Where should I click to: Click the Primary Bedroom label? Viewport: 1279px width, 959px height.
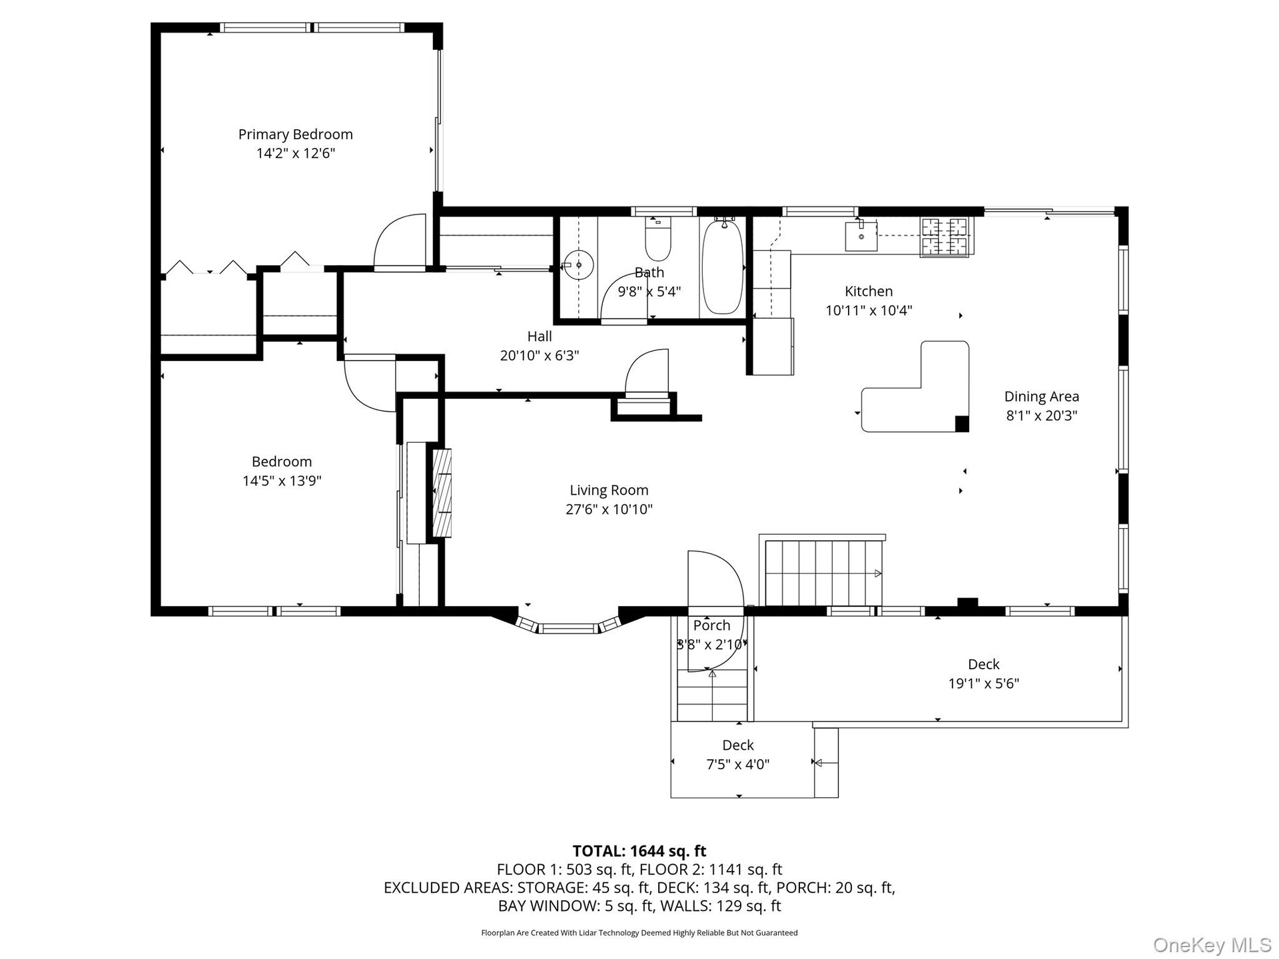tap(296, 135)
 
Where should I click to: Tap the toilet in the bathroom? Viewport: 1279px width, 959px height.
tap(657, 239)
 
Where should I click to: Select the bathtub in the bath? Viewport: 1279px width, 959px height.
tap(723, 266)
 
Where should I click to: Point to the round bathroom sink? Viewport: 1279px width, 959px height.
tap(579, 265)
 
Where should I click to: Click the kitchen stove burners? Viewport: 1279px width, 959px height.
tap(947, 237)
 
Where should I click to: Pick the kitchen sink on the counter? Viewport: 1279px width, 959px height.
tap(861, 236)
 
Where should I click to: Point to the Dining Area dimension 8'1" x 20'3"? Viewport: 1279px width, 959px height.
tap(1041, 416)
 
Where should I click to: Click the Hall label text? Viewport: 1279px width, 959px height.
tap(540, 336)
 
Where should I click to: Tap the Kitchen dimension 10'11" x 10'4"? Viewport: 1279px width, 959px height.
tap(869, 310)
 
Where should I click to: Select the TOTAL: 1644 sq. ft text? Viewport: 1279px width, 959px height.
tap(639, 851)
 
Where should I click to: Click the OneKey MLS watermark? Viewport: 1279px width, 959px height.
tap(1212, 944)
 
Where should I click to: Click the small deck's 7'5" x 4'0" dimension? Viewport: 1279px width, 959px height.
tap(738, 765)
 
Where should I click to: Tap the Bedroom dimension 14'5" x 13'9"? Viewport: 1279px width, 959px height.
tap(282, 481)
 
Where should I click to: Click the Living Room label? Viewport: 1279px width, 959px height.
tap(609, 491)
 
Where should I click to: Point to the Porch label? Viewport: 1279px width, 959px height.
tap(711, 626)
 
